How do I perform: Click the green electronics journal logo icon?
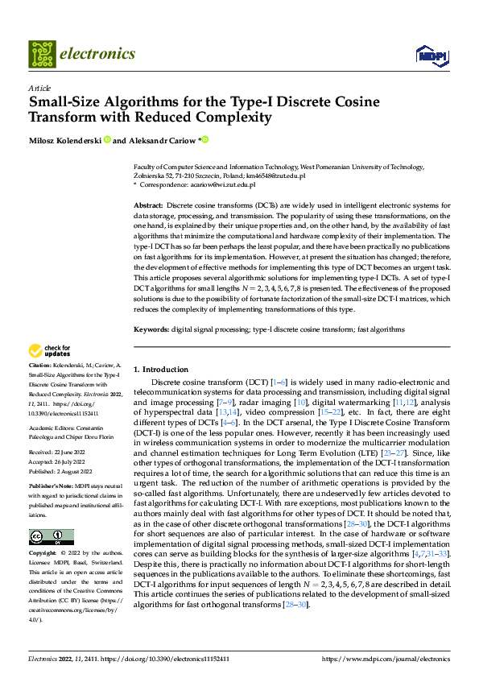click(x=42, y=54)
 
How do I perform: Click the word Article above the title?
click(x=39, y=89)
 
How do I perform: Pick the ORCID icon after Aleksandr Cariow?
click(x=205, y=140)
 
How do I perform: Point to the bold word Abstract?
click(x=149, y=206)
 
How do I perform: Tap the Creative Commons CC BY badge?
click(x=51, y=537)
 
